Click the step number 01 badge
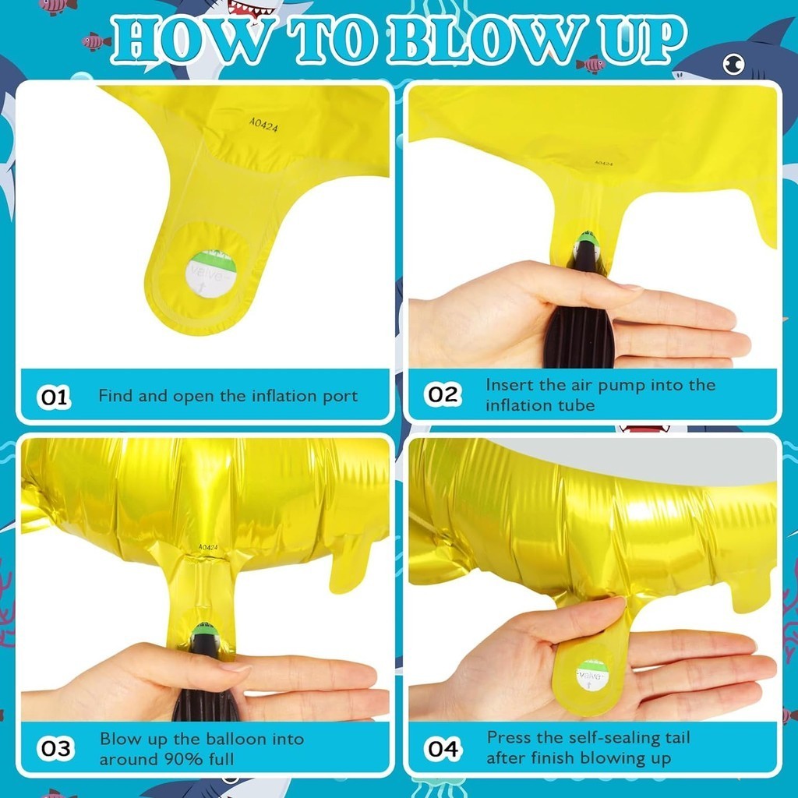[54, 397]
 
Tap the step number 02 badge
[443, 394]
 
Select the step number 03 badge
[55, 749]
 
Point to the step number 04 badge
[443, 749]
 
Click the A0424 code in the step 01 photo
[263, 125]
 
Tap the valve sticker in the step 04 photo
[592, 674]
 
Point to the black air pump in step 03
[206, 677]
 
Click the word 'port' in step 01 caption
[341, 397]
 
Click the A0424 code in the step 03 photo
[207, 547]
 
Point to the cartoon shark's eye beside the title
[733, 65]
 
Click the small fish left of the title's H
[95, 42]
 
